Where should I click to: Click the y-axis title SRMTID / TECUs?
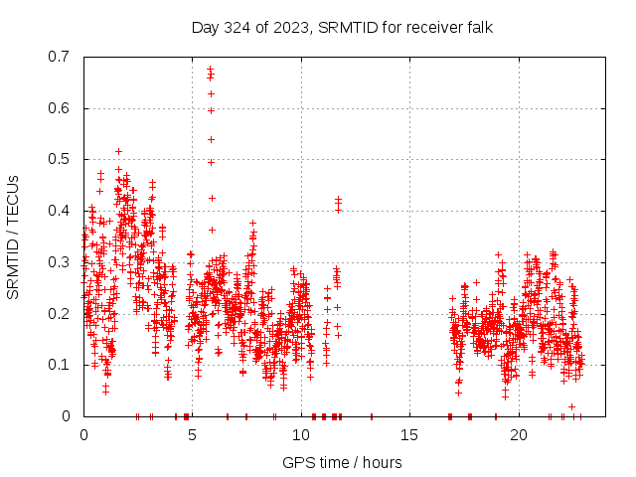13,237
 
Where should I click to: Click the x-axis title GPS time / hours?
342,462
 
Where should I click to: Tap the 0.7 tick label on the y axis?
62,57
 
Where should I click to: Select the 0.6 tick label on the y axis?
62,108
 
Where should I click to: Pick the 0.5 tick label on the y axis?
62,159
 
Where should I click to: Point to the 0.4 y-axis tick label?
62,211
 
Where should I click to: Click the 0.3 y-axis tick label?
62,262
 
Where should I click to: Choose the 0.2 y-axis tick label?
62,313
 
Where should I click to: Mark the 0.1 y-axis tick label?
62,365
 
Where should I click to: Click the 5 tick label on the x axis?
193,434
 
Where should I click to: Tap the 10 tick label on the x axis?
301,434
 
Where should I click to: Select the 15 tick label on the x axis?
409,434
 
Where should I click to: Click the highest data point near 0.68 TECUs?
210,69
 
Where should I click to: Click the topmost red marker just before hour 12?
338,199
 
